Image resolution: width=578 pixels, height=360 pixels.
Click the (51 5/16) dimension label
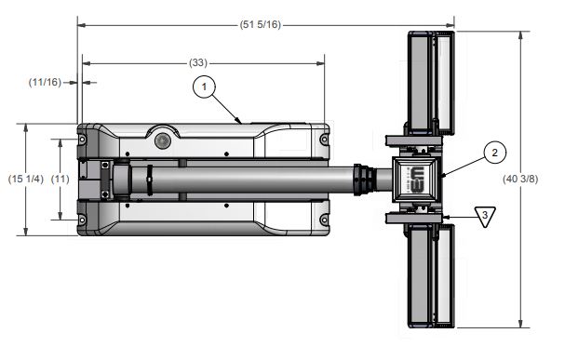pyautogui.click(x=261, y=25)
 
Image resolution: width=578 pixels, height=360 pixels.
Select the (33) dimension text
pyautogui.click(x=198, y=63)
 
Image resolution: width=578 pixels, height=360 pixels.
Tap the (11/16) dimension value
pyautogui.click(x=45, y=82)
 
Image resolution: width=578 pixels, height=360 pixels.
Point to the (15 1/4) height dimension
pyautogui.click(x=26, y=180)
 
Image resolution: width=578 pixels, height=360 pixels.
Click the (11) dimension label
pyautogui.click(x=60, y=180)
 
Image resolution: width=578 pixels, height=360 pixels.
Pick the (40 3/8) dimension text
pyautogui.click(x=520, y=180)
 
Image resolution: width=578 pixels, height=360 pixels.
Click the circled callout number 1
pyautogui.click(x=204, y=87)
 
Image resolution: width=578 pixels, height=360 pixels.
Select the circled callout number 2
pyautogui.click(x=494, y=153)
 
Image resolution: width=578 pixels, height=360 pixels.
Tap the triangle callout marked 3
pyautogui.click(x=485, y=216)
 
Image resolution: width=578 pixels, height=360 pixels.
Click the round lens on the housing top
pyautogui.click(x=163, y=140)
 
